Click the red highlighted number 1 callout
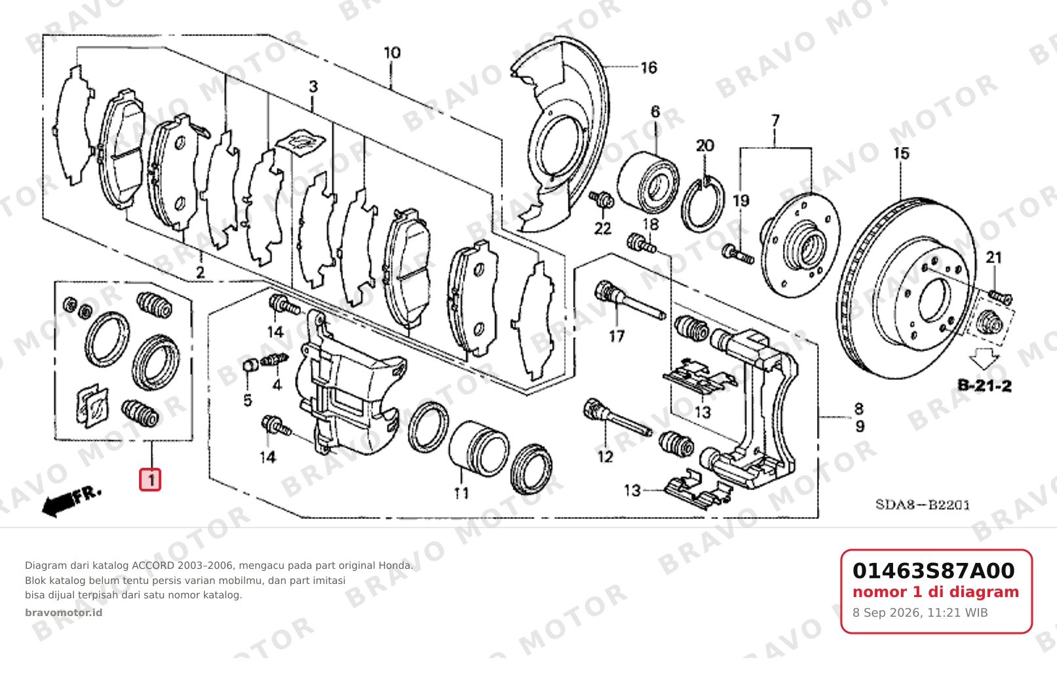point(150,480)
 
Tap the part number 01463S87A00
point(933,571)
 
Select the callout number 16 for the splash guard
point(649,68)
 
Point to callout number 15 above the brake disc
point(901,154)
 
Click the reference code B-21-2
point(985,386)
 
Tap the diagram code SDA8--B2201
point(923,505)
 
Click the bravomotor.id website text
point(64,613)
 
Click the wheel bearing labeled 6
point(648,182)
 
